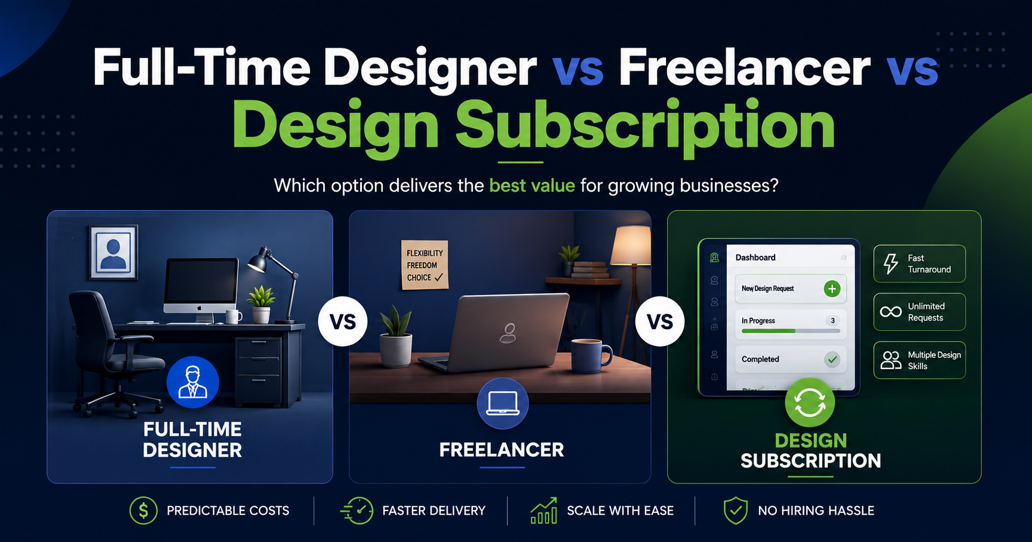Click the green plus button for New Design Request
(x=832, y=289)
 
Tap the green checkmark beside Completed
(x=832, y=359)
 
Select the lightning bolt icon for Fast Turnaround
(x=891, y=264)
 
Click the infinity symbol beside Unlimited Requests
(x=891, y=312)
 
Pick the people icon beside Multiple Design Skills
(x=891, y=360)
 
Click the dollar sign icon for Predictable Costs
(x=144, y=510)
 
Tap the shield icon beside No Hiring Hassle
(x=736, y=510)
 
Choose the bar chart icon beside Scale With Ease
(x=544, y=510)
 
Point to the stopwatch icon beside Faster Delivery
(x=357, y=510)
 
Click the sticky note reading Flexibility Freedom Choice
(x=424, y=265)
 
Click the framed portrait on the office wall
(x=113, y=252)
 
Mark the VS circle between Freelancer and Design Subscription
(x=660, y=322)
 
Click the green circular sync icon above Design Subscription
(x=810, y=402)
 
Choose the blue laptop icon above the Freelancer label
(x=503, y=404)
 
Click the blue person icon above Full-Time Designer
(x=193, y=382)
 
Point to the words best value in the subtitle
(x=532, y=185)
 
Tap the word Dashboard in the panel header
(x=755, y=258)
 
